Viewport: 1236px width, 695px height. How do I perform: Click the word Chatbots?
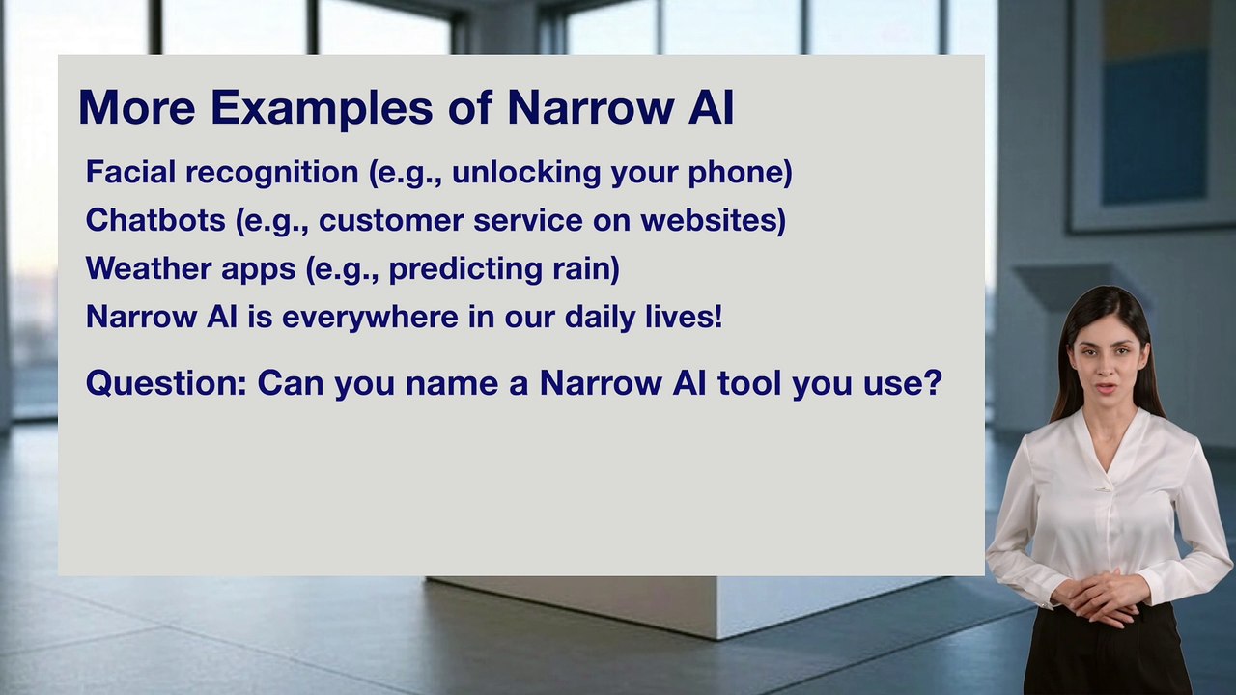(x=155, y=220)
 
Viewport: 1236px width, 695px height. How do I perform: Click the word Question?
(x=166, y=383)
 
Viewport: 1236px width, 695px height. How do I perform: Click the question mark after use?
(x=932, y=383)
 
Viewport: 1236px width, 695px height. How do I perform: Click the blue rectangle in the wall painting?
(x=1156, y=125)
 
